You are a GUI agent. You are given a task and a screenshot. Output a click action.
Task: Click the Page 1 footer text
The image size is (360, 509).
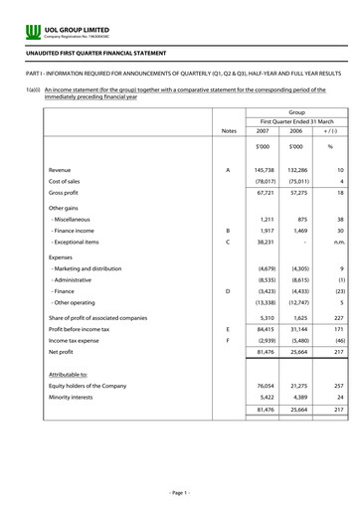click(x=180, y=493)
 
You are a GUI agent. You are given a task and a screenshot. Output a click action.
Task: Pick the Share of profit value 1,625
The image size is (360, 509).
click(x=296, y=315)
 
